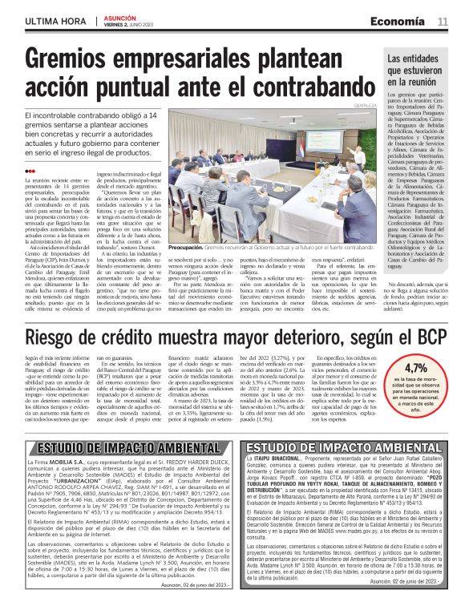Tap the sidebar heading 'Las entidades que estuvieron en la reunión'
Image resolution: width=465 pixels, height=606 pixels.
[415, 71]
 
